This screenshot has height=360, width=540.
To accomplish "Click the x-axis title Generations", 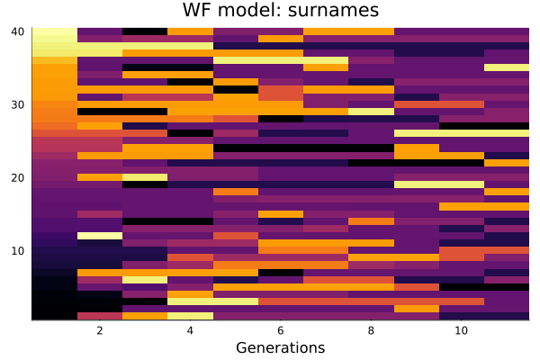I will (280, 347).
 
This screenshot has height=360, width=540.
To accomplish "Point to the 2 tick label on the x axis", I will (99, 331).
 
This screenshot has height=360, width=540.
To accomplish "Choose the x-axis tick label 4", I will (190, 331).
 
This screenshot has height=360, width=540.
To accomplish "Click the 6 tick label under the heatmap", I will (280, 331).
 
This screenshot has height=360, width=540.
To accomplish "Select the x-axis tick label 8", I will (371, 331).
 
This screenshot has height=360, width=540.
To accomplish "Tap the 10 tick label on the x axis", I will (461, 331).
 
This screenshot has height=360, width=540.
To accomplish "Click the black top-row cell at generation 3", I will (145, 31).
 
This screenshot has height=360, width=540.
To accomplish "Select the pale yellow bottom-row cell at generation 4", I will (190, 316).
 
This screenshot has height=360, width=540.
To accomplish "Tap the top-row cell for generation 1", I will (54, 31).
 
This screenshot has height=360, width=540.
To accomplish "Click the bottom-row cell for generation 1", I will (54, 316).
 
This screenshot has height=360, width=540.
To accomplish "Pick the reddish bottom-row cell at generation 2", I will (99, 316).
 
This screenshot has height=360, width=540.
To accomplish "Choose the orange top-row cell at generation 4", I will (190, 31).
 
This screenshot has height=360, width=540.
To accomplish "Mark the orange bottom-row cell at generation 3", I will (145, 316).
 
